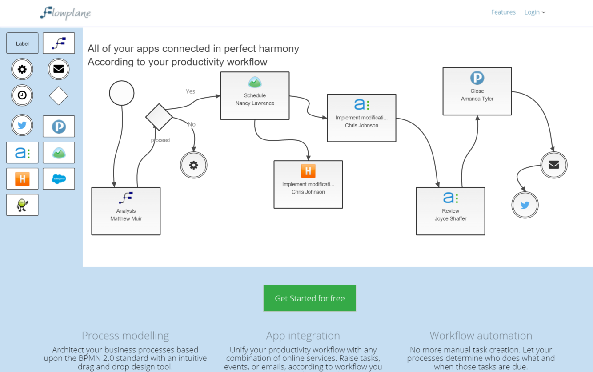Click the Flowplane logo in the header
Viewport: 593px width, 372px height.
point(65,13)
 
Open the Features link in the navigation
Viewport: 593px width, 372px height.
point(503,12)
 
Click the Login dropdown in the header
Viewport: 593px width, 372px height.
point(534,12)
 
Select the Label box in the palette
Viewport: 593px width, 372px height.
point(22,44)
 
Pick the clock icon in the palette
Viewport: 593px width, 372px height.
point(22,95)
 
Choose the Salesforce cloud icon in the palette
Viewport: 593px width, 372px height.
point(59,179)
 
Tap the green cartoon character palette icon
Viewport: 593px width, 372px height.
point(22,205)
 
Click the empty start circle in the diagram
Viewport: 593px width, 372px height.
point(122,93)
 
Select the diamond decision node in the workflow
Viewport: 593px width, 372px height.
point(159,117)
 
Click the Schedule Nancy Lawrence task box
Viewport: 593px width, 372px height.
point(255,96)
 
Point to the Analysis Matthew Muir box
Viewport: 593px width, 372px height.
point(126,211)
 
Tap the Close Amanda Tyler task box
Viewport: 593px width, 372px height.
point(477,91)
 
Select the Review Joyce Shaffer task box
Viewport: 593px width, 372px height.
point(450,211)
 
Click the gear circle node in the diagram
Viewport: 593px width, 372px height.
point(194,165)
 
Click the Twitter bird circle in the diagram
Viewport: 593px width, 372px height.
point(525,205)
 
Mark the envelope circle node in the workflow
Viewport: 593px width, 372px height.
point(554,165)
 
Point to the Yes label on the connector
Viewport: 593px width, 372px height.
point(190,91)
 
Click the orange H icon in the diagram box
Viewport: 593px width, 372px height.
point(308,171)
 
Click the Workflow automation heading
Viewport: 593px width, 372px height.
point(481,336)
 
